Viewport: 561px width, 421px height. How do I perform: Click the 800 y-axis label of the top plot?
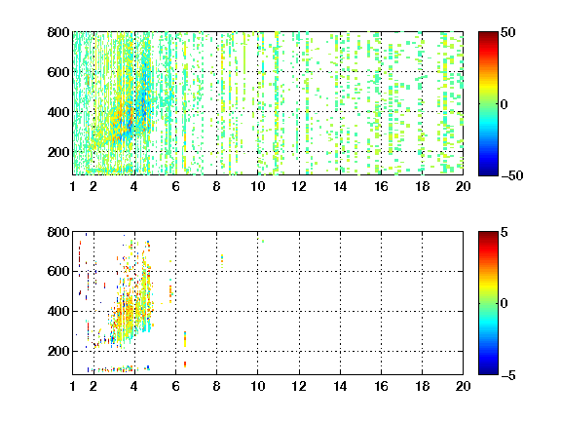(58, 32)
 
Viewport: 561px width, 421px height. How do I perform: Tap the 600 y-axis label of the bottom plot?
(58, 271)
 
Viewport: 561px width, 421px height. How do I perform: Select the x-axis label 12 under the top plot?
(299, 186)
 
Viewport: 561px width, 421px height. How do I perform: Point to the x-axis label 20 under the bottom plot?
(463, 386)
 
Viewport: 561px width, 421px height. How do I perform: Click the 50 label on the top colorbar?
(508, 32)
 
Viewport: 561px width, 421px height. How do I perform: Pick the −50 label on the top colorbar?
(512, 175)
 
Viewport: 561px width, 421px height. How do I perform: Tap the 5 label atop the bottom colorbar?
(505, 232)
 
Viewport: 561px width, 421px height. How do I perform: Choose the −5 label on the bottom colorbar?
(508, 375)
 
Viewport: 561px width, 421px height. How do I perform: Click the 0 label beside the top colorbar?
(505, 104)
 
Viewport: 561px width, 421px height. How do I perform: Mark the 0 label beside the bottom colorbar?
(505, 304)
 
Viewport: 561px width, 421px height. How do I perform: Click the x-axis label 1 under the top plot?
(73, 186)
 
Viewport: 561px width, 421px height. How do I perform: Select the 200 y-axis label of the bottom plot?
(58, 351)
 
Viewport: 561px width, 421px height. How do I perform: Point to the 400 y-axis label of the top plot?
(58, 112)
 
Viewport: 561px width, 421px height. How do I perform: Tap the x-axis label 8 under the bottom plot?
(216, 386)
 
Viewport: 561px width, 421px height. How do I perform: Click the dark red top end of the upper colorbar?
(488, 34)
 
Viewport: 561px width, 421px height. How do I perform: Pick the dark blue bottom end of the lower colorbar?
(488, 372)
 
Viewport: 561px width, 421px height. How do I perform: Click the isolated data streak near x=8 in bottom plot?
(222, 261)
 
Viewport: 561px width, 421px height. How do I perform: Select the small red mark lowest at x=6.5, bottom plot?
(185, 364)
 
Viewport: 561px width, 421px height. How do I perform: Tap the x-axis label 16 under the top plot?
(381, 186)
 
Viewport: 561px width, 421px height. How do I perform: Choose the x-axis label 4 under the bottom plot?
(134, 386)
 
